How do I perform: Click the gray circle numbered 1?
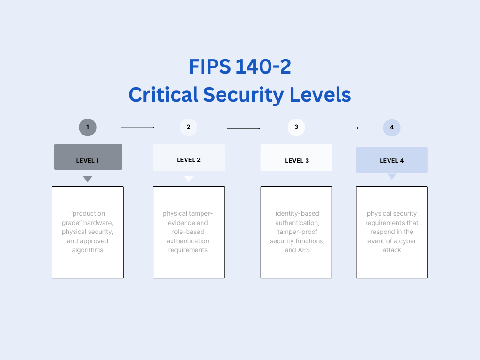pyautogui.click(x=88, y=127)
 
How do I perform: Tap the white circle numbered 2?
pyautogui.click(x=188, y=127)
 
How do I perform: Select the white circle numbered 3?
pyautogui.click(x=296, y=127)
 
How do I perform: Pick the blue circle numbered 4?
pyautogui.click(x=392, y=127)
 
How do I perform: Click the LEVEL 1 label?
pyautogui.click(x=88, y=161)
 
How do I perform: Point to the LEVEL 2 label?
pyautogui.click(x=188, y=160)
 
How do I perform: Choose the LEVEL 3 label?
pyautogui.click(x=297, y=161)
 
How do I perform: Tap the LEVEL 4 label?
pyautogui.click(x=392, y=161)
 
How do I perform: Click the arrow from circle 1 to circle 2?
pyautogui.click(x=138, y=127)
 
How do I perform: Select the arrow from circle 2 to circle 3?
pyautogui.click(x=243, y=128)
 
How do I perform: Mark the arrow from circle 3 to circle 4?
pyautogui.click(x=342, y=128)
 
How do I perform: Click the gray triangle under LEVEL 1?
pyautogui.click(x=88, y=179)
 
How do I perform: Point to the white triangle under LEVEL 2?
pyautogui.click(x=188, y=179)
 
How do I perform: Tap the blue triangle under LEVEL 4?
pyautogui.click(x=392, y=177)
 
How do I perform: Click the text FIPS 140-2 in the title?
pyautogui.click(x=240, y=67)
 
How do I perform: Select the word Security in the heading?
pyautogui.click(x=243, y=95)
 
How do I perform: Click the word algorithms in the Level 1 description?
pyautogui.click(x=88, y=250)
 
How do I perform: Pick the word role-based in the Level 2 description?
pyautogui.click(x=187, y=232)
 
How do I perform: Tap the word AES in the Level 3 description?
pyautogui.click(x=304, y=250)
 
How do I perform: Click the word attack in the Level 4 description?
pyautogui.click(x=392, y=250)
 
